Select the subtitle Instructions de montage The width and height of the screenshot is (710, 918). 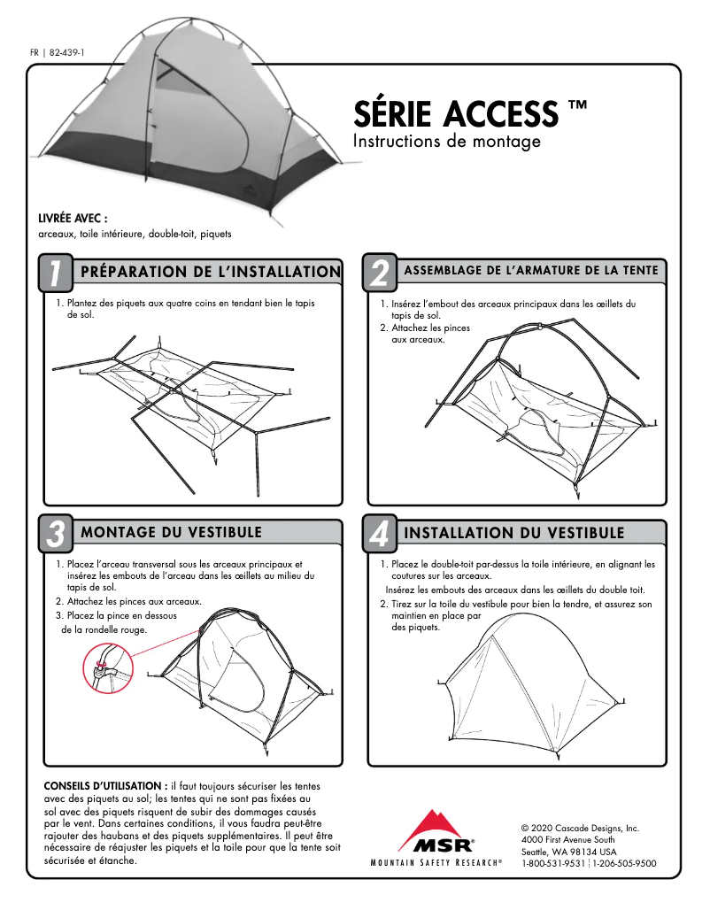tap(446, 142)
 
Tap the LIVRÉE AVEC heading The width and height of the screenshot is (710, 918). tap(73, 218)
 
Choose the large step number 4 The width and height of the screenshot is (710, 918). tap(379, 534)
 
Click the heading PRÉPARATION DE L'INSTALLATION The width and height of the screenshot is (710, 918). tap(210, 272)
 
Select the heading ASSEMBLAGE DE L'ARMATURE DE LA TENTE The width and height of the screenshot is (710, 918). tap(531, 271)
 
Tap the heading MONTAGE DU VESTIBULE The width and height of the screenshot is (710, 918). tap(171, 532)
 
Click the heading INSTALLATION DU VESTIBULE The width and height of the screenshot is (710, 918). tap(513, 533)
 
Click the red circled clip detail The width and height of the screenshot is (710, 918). tap(103, 667)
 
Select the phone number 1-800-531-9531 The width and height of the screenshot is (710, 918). tap(553, 863)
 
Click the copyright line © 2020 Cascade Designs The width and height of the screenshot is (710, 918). tap(580, 828)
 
